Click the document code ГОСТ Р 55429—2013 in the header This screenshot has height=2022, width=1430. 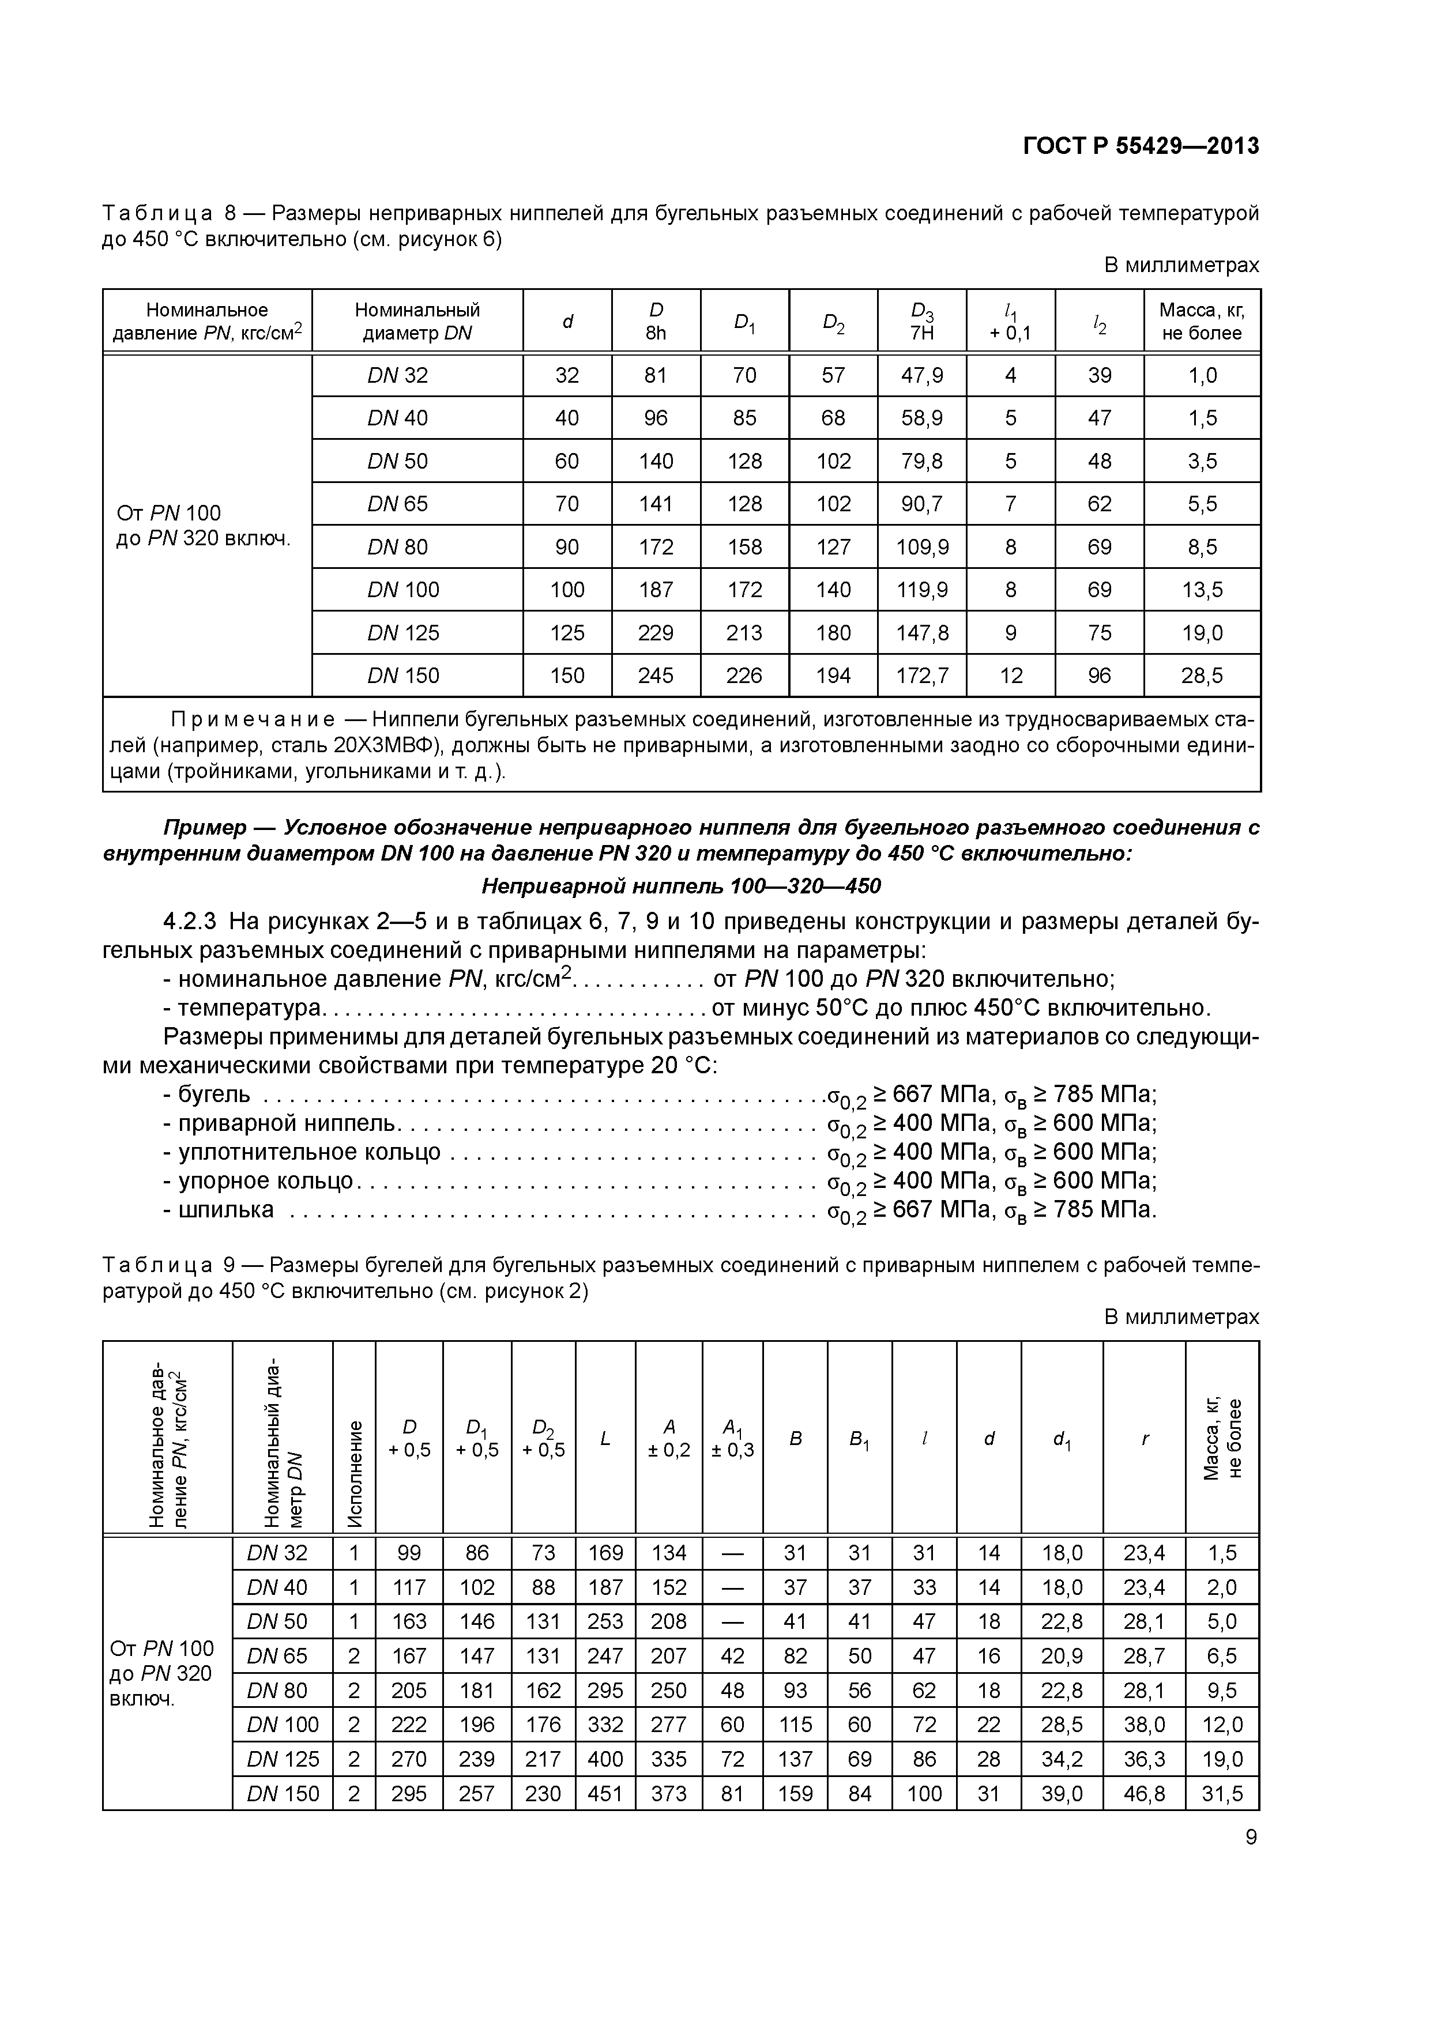1140,146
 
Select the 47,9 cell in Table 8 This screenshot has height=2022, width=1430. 921,376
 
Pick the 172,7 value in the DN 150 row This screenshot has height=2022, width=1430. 921,676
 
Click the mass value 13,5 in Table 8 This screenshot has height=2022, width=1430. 1202,590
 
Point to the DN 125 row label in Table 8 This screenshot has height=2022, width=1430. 402,633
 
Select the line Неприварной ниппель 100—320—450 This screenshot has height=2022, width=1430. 680,886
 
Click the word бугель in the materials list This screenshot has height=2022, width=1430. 214,1095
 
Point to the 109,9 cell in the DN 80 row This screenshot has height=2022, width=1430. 921,548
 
